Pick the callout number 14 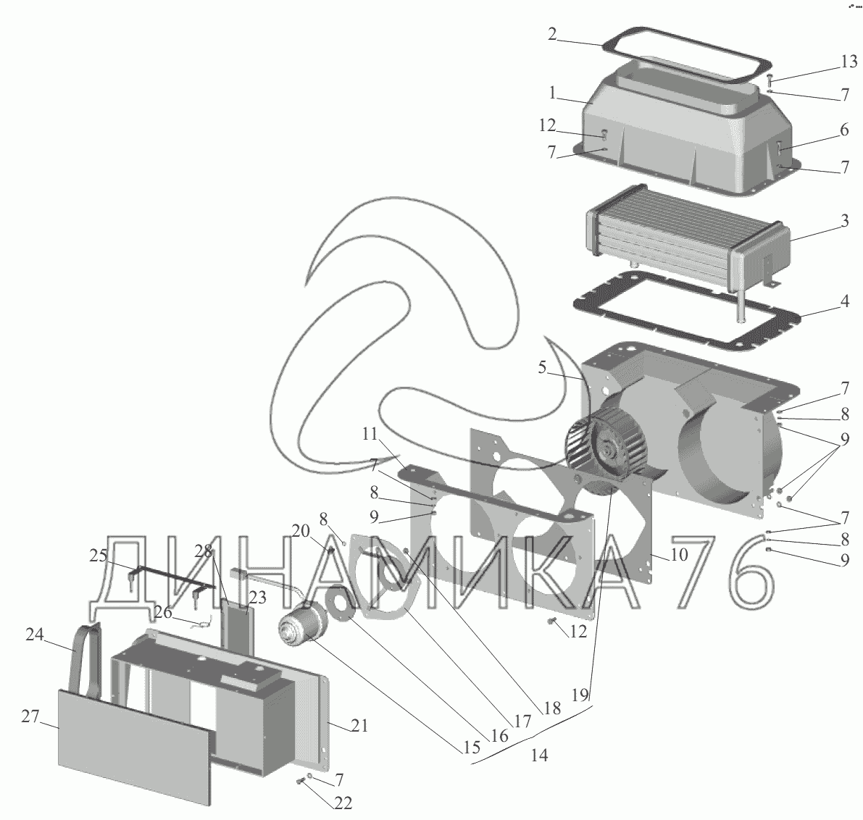538,756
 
